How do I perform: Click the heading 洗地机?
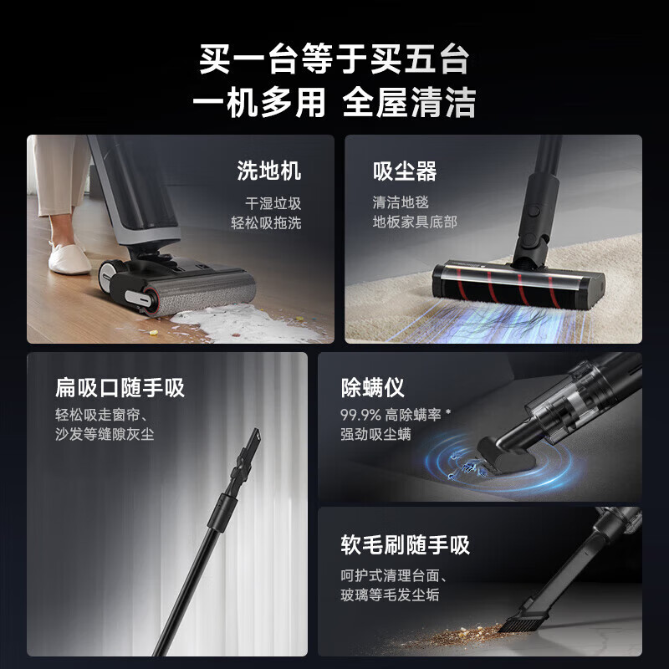[268, 172]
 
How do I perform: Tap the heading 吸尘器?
[405, 172]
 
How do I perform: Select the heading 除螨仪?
[373, 388]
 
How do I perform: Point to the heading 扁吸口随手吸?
[120, 388]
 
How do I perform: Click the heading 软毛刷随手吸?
[406, 546]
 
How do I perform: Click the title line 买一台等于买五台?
[334, 61]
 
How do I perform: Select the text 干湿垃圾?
[273, 203]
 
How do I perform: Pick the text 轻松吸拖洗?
[266, 223]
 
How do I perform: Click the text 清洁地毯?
[400, 202]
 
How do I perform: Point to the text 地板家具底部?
[415, 222]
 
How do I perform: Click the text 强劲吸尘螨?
[377, 435]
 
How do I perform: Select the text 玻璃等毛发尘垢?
[389, 595]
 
